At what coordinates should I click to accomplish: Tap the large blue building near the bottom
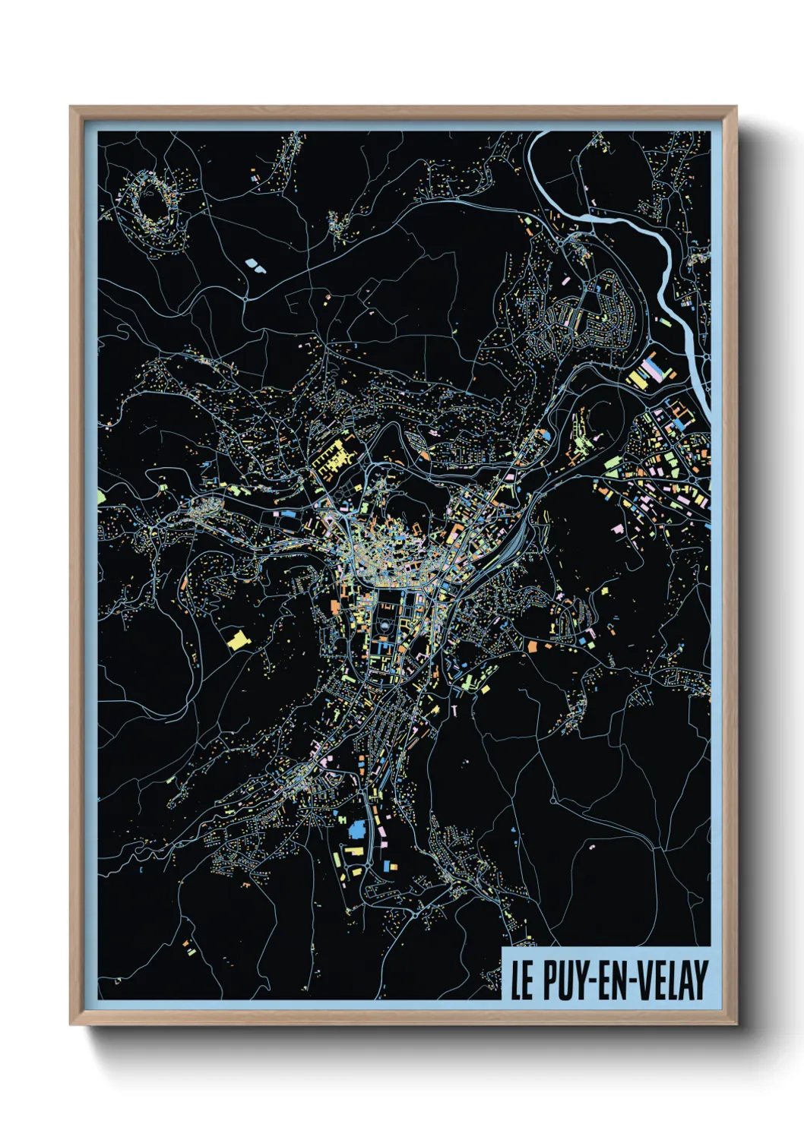click(356, 829)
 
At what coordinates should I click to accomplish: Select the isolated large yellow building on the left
click(238, 639)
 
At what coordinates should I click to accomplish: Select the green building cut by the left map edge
click(101, 497)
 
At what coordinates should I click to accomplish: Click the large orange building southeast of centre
click(533, 647)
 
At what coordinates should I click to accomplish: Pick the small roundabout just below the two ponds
click(245, 299)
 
